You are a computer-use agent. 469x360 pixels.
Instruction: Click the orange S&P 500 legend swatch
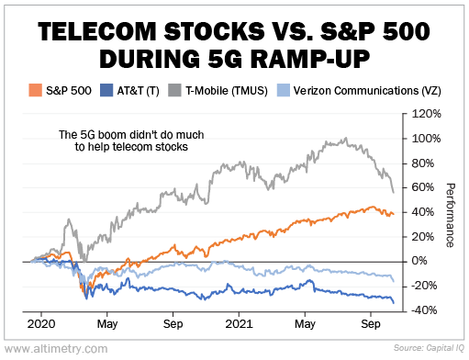35,90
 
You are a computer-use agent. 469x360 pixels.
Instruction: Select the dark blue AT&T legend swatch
106,90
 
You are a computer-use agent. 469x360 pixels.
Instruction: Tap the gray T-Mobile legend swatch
174,90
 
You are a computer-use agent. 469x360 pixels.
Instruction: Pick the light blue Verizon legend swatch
284,90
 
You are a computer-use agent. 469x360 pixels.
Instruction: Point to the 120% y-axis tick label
427,114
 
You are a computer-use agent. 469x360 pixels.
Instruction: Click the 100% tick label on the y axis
427,139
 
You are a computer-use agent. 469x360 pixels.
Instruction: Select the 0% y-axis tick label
419,261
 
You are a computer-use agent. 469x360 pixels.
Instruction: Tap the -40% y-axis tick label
424,310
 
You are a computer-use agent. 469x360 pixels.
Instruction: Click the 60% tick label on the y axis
423,187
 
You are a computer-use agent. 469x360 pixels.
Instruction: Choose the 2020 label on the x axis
41,324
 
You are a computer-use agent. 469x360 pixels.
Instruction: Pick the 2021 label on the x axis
239,324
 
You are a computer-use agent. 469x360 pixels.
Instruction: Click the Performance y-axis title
451,215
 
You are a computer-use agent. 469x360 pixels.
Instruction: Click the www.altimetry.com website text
56,348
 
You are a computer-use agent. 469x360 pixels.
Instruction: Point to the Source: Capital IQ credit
429,348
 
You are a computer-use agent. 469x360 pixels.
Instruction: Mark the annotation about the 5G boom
131,141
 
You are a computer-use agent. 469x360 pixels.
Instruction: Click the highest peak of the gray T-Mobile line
346,138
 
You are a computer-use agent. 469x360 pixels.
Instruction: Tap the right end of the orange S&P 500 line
394,214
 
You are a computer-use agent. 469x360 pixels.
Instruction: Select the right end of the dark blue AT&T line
394,303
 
